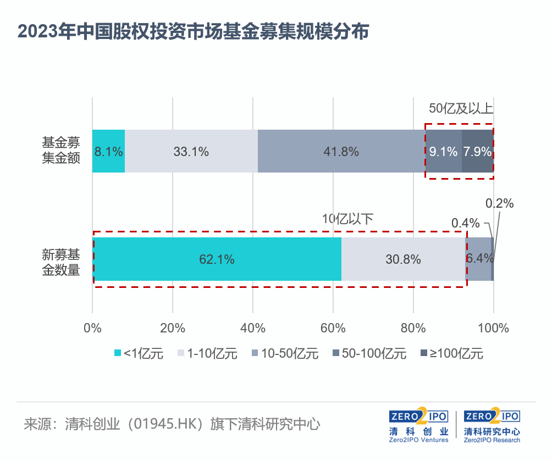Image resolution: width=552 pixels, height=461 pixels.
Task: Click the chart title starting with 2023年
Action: click(193, 31)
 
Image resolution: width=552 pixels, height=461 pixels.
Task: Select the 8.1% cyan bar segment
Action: click(108, 151)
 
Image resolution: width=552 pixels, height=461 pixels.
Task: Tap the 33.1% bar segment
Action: click(191, 151)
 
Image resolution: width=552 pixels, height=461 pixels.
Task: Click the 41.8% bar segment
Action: click(341, 151)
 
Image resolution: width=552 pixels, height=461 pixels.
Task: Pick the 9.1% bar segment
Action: click(443, 151)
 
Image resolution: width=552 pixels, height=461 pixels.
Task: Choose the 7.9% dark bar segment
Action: click(477, 151)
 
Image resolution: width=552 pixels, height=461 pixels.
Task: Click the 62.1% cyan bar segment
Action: click(217, 259)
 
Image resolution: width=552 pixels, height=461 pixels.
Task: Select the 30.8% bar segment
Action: click(403, 259)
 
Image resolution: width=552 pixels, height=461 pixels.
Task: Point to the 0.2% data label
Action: click(499, 203)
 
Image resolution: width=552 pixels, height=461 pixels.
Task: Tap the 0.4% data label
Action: click(465, 223)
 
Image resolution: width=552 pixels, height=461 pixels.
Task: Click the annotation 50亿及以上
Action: click(461, 108)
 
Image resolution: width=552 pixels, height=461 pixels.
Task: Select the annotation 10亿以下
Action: click(347, 218)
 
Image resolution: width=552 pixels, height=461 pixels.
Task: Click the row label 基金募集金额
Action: click(62, 151)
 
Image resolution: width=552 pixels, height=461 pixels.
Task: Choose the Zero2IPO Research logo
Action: click(492, 425)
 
